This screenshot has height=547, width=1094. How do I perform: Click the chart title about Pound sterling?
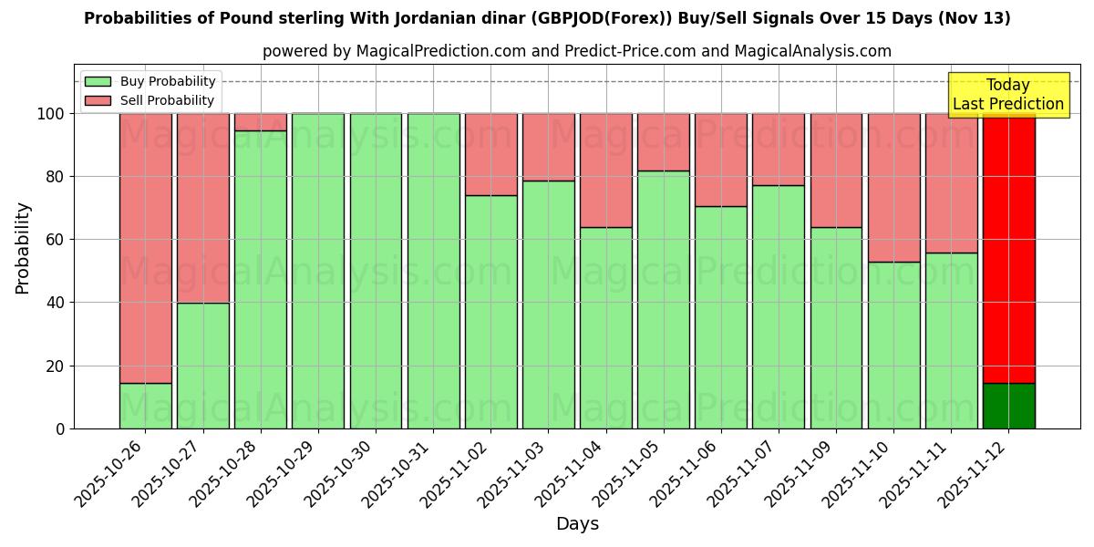click(x=547, y=18)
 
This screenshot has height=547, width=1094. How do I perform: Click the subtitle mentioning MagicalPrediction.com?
click(x=576, y=51)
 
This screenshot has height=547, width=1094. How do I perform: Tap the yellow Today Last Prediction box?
click(x=1007, y=95)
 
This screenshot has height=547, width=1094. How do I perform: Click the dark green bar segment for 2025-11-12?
click(x=1008, y=406)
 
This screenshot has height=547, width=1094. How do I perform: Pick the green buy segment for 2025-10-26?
click(x=146, y=406)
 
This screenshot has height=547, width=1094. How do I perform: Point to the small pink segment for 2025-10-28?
click(x=261, y=122)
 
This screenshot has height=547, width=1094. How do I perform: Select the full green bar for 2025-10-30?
click(x=376, y=271)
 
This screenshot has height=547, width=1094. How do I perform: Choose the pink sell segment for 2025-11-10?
click(x=893, y=188)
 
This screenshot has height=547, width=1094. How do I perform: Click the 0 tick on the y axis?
click(x=60, y=428)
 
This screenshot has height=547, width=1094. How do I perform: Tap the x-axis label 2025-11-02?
click(x=460, y=474)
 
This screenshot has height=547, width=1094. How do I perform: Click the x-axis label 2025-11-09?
click(x=806, y=474)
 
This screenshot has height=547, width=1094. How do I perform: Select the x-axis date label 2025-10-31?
click(x=403, y=474)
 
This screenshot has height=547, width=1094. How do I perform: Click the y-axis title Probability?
click(x=23, y=248)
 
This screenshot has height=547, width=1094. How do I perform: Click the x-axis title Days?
click(x=576, y=524)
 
